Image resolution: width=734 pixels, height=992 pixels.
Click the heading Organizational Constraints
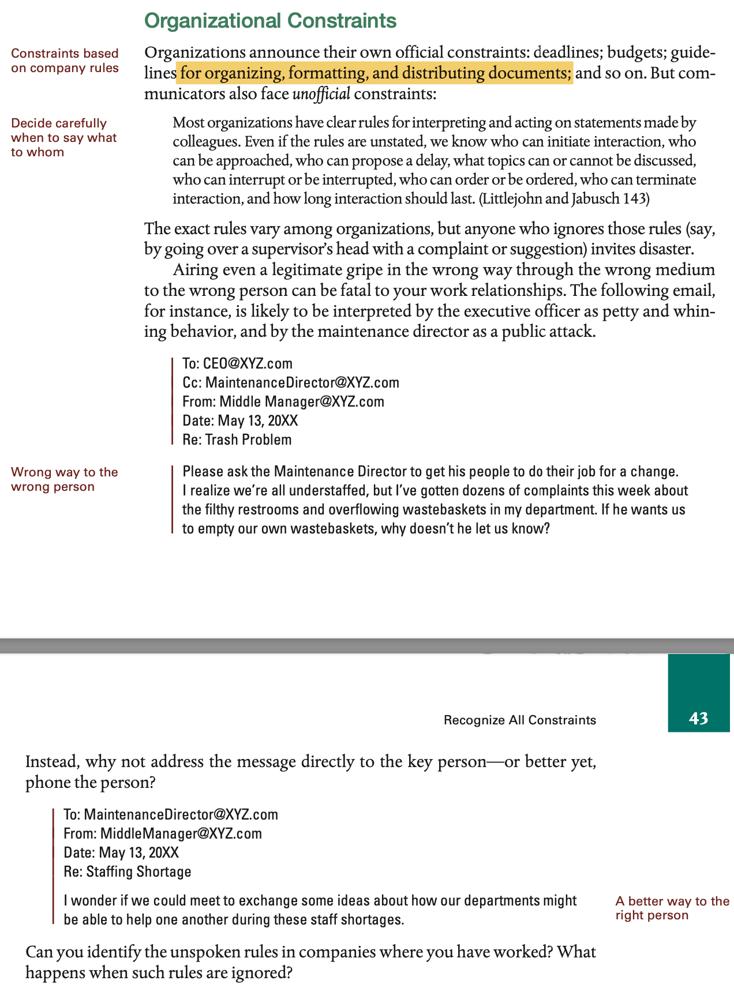coord(270,21)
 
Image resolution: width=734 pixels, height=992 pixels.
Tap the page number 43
coord(698,718)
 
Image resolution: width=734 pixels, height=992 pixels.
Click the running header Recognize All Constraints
coord(519,720)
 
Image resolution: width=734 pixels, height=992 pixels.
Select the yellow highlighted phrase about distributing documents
coord(375,73)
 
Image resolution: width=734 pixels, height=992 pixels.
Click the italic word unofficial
coord(321,93)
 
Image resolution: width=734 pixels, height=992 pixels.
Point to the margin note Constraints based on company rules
coord(65,61)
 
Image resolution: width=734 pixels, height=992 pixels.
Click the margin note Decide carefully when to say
coord(63,137)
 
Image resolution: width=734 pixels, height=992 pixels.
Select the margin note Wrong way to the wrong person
coord(64,479)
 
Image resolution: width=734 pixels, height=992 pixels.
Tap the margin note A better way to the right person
coord(672,908)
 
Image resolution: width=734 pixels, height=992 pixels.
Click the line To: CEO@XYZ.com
coord(237,364)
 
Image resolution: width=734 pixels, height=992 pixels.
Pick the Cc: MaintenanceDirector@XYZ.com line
coord(290,383)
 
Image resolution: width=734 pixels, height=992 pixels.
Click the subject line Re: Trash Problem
coord(237,440)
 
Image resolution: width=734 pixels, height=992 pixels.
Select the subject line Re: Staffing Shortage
coord(128,871)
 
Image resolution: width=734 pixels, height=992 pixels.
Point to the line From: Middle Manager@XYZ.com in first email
coord(283,402)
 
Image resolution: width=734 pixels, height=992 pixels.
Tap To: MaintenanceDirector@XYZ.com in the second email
coord(171,815)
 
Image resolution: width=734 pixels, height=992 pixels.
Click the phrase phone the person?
coord(90,783)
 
